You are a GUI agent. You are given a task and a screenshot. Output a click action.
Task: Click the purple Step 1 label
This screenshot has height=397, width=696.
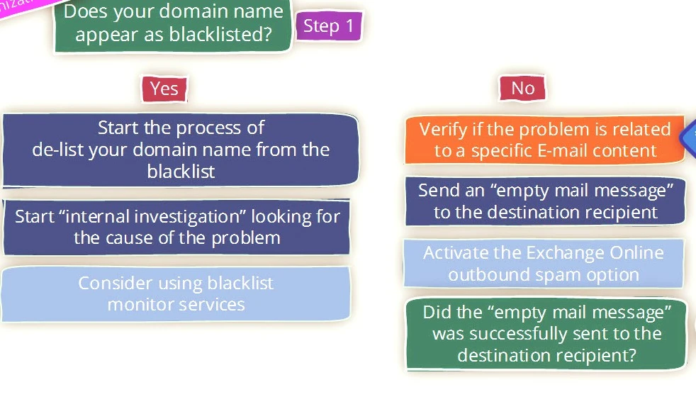(328, 26)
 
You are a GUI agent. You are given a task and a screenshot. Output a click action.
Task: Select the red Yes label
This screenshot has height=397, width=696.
(164, 88)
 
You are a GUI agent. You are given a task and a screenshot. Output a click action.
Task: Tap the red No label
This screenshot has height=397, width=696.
(522, 88)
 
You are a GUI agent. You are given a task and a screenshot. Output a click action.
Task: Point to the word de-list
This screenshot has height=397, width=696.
(58, 150)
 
